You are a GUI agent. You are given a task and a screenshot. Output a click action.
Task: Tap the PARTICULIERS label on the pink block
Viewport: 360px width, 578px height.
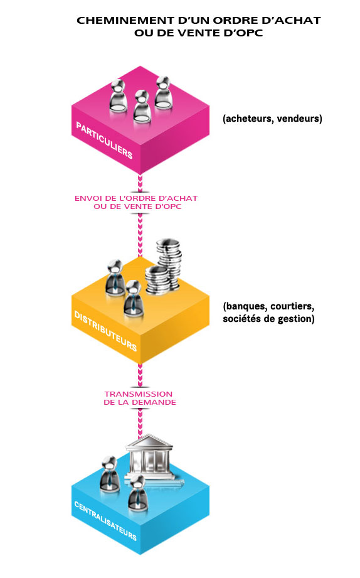[x=104, y=141]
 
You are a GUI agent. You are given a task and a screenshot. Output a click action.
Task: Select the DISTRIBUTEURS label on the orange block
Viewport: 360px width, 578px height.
[x=105, y=331]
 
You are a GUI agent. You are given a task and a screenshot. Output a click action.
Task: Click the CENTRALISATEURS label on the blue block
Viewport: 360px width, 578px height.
[x=105, y=521]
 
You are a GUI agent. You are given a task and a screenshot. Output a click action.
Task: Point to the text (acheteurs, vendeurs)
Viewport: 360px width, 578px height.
[x=272, y=119]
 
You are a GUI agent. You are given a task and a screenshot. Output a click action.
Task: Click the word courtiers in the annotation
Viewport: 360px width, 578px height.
[x=292, y=306]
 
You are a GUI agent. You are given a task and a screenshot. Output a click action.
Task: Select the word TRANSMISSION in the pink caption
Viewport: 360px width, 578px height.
[x=138, y=394]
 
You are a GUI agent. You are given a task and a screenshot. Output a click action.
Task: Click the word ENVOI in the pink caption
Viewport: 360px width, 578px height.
[x=86, y=198]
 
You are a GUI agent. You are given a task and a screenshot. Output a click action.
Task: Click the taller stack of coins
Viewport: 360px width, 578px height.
[x=169, y=262]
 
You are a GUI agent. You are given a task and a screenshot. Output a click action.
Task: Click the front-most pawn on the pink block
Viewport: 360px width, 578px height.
[x=142, y=107]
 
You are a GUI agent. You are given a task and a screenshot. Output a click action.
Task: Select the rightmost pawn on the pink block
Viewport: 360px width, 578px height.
[x=163, y=93]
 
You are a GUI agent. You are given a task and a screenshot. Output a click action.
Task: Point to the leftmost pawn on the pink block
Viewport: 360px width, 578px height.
[x=119, y=96]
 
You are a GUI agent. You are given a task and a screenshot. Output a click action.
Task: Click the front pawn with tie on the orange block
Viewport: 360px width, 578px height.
[x=132, y=298]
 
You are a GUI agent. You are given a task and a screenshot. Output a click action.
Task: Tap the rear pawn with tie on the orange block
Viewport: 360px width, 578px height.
[x=114, y=278]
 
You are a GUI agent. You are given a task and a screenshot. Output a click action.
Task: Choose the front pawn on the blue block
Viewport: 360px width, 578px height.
[x=137, y=493]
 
